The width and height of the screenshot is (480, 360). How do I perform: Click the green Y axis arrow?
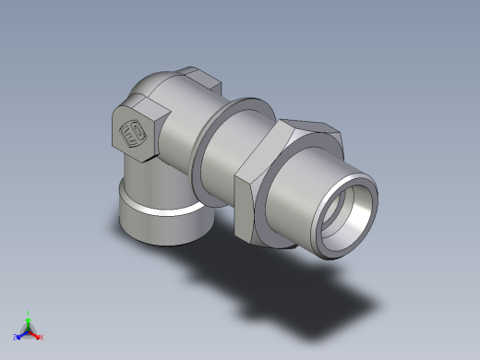tap(29, 319)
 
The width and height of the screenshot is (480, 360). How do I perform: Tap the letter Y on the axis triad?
tap(29, 312)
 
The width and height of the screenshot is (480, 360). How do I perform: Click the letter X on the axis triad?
tap(42, 337)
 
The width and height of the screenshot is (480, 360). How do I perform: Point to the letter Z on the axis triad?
tap(15, 337)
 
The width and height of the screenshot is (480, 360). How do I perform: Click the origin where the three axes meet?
tap(29, 330)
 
